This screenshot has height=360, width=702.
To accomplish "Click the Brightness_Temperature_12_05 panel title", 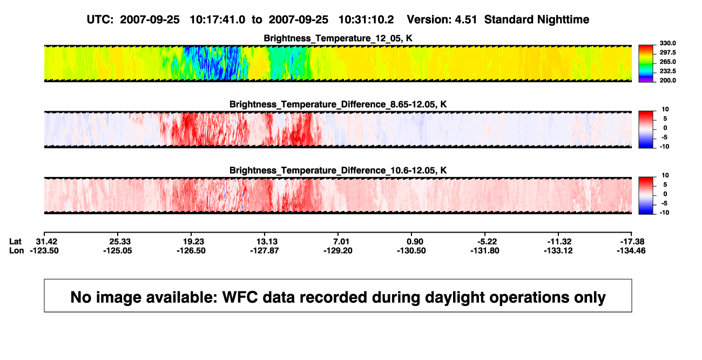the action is [338, 38].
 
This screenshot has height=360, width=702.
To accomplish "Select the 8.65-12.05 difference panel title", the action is [338, 104].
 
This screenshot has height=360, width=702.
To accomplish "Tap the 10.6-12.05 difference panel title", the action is [338, 171].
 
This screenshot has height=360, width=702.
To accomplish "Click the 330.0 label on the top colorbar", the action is [667, 43].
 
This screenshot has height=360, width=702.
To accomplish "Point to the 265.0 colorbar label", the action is [667, 62].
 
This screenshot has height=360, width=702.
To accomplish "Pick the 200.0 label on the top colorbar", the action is [667, 80].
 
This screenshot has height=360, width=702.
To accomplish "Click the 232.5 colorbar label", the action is [667, 71].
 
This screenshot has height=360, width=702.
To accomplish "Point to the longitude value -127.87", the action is [265, 250].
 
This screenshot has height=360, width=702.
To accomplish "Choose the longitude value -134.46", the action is [631, 250].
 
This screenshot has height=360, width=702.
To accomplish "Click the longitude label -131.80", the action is [485, 250].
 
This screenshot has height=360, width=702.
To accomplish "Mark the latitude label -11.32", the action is [559, 242].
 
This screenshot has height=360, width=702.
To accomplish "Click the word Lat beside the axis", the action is [15, 242].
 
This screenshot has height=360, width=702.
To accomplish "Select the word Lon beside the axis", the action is [17, 250].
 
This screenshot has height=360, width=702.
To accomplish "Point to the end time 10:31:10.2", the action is [366, 19].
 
